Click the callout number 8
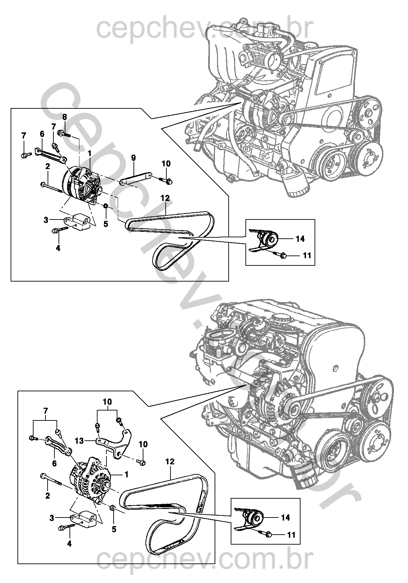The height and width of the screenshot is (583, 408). [64, 117]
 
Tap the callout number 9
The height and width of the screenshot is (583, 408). [133, 158]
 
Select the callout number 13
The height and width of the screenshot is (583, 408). [79, 441]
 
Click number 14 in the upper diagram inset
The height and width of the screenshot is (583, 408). [300, 239]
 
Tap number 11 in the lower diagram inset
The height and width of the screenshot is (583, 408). [291, 534]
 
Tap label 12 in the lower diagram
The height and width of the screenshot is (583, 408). [170, 462]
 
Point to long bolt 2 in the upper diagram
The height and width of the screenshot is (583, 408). [51, 188]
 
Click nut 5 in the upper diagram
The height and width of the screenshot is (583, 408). [106, 206]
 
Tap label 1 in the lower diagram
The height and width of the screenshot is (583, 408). [126, 474]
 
